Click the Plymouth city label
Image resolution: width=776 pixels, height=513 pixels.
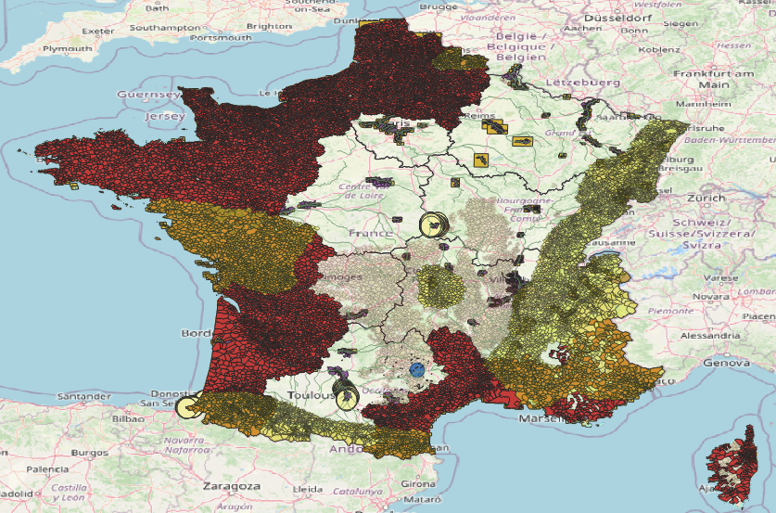67,48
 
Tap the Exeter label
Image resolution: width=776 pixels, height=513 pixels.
97,31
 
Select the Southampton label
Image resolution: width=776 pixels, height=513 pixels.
165,28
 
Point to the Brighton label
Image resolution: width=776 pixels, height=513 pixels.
270,27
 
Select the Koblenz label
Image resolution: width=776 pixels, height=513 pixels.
659,48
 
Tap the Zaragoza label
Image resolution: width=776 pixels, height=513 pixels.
228,486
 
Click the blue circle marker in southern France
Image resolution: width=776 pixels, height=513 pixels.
417,369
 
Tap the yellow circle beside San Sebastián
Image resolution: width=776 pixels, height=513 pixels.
188,405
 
